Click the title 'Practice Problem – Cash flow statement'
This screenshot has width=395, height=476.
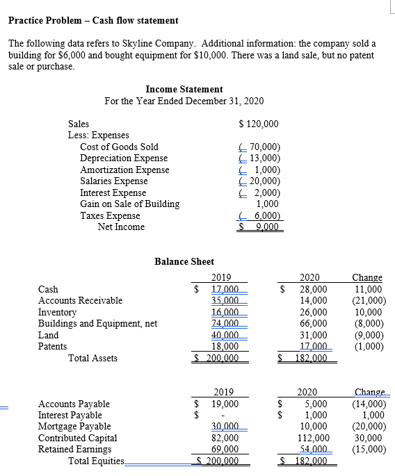point(93,21)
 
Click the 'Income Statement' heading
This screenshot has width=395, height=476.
point(184,89)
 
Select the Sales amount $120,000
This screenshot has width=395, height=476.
point(258,124)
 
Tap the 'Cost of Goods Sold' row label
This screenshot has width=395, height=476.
point(119,147)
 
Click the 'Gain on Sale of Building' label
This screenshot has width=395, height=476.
point(129,204)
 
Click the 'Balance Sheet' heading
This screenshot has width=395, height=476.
point(184,261)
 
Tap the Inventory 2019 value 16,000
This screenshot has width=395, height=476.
point(225,312)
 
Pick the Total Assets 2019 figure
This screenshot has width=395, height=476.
point(219,358)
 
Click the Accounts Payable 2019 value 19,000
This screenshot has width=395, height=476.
point(225,404)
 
